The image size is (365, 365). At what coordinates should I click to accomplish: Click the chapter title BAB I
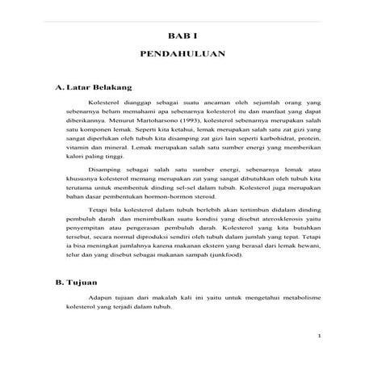coord(182,37)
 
